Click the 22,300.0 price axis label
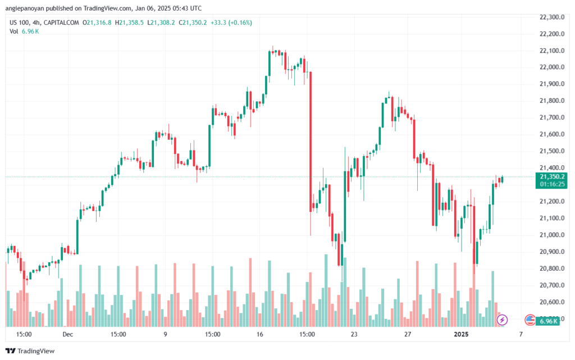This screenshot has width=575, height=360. pos(550,17)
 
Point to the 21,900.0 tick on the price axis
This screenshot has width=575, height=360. pos(550,84)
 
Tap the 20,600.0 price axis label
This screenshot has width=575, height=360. pos(550,302)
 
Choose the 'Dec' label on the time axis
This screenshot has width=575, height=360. pos(68,334)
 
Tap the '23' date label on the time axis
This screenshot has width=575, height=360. pos(354,334)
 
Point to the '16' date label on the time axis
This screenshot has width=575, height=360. pos(259,334)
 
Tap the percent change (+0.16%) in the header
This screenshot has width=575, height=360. pos(239,22)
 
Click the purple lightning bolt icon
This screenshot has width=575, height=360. pos(502,320)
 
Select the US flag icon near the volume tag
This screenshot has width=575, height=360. pos(529,320)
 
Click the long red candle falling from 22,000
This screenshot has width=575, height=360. pos(311,140)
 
